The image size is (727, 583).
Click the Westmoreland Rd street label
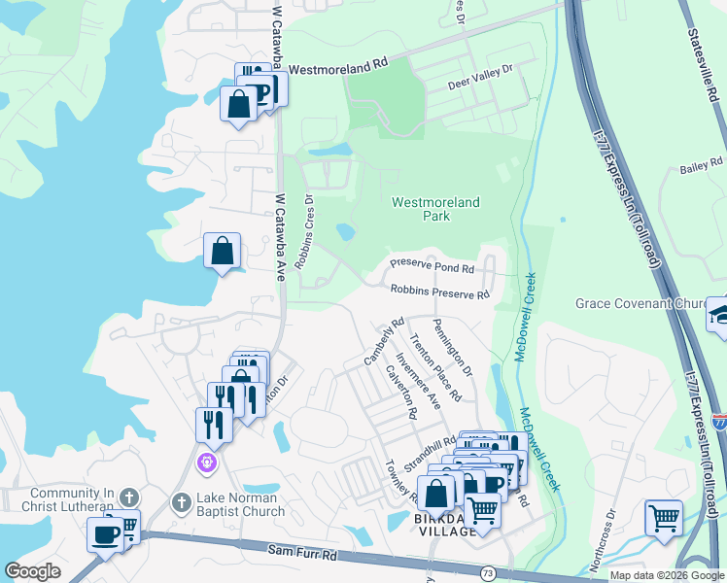(338, 61)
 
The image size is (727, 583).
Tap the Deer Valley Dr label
(478, 78)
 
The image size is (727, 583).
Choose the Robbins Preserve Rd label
(439, 291)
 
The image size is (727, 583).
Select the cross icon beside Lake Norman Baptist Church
(180, 502)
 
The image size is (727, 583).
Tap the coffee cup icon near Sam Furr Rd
(105, 533)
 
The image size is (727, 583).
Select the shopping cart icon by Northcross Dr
(663, 517)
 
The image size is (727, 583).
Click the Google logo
(33, 570)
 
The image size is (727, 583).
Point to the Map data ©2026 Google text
(667, 575)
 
